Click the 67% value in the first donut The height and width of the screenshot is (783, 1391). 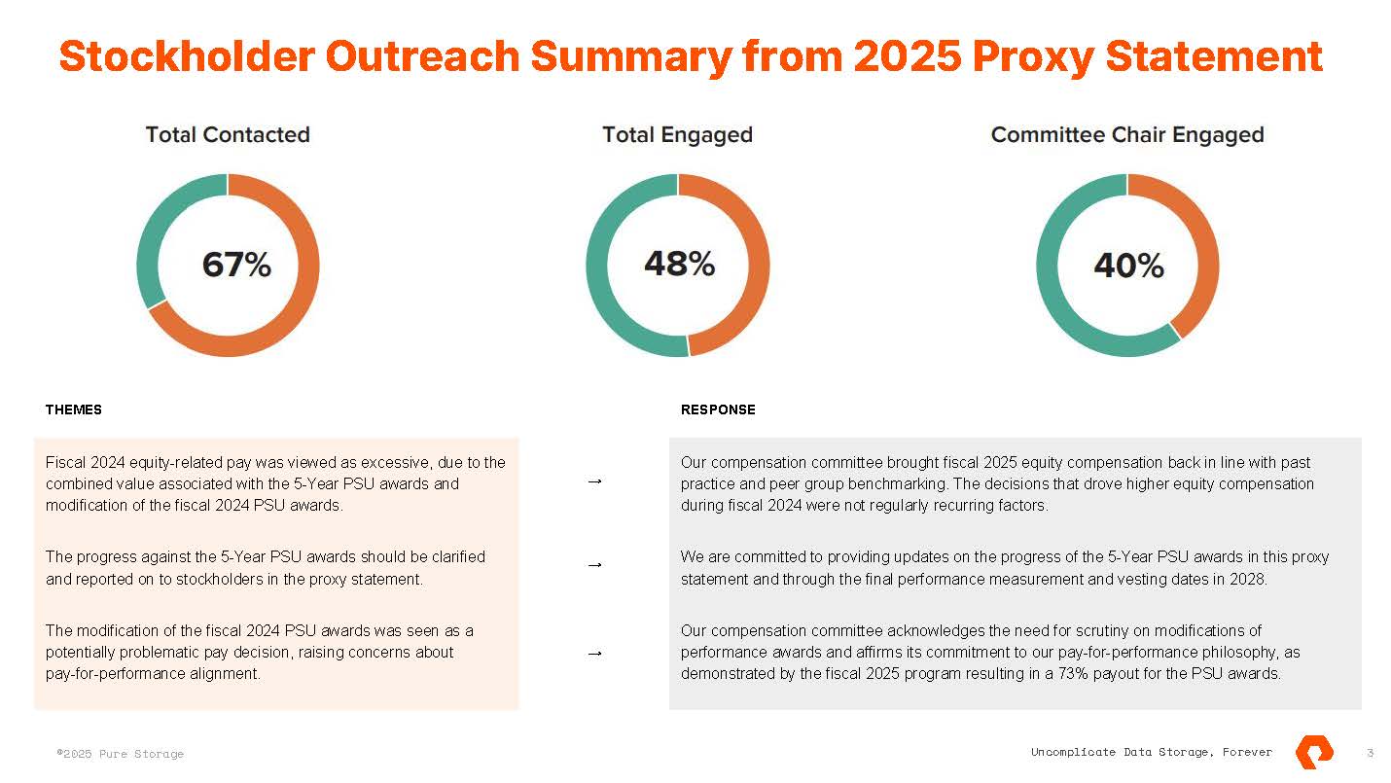[x=236, y=265]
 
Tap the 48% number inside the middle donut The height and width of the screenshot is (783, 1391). [x=679, y=264]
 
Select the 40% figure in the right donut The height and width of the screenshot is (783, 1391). [x=1128, y=266]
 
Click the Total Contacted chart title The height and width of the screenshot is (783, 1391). [x=228, y=135]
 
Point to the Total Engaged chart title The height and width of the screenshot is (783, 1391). [x=677, y=135]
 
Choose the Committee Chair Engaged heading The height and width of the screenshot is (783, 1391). [x=1126, y=135]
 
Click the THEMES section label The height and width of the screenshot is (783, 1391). [x=74, y=410]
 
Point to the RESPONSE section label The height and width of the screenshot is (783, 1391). [x=718, y=410]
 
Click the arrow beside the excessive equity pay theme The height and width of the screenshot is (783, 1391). [x=595, y=481]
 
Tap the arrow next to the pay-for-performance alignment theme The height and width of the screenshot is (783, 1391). [x=595, y=654]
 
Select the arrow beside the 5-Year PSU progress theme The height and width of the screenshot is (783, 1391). [x=595, y=565]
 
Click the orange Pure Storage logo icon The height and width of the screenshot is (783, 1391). [x=1314, y=752]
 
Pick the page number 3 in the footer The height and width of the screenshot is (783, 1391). [x=1370, y=753]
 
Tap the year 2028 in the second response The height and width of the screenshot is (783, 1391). [x=1250, y=580]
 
